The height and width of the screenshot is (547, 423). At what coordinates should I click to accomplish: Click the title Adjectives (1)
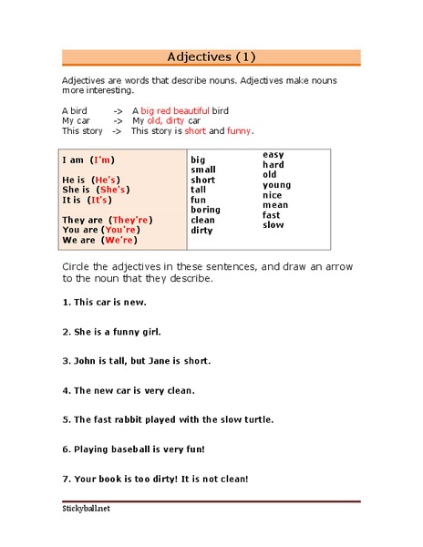pyautogui.click(x=211, y=57)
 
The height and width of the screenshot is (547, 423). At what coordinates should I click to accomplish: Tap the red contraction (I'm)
pyautogui.click(x=103, y=160)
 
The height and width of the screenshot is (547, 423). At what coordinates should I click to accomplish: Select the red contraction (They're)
pyautogui.click(x=130, y=221)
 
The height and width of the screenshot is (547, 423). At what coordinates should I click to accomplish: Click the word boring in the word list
pyautogui.click(x=205, y=210)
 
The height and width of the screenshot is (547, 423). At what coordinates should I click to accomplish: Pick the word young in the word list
pyautogui.click(x=276, y=185)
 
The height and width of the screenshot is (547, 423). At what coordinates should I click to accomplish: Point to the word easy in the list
pyautogui.click(x=273, y=155)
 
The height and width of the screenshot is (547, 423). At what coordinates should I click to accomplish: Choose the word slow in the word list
pyautogui.click(x=273, y=225)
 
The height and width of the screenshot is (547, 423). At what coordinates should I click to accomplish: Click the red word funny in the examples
pyautogui.click(x=239, y=131)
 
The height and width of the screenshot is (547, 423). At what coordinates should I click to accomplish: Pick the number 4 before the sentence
pyautogui.click(x=65, y=390)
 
